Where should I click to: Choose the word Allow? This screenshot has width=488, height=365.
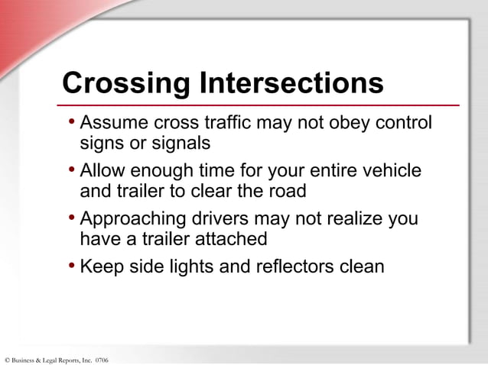[x=103, y=171]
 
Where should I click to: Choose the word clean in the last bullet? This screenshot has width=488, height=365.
[x=359, y=267]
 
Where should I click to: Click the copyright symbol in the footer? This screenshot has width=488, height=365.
[x=6, y=360]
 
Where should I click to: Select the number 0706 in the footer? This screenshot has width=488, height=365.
[x=101, y=360]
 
